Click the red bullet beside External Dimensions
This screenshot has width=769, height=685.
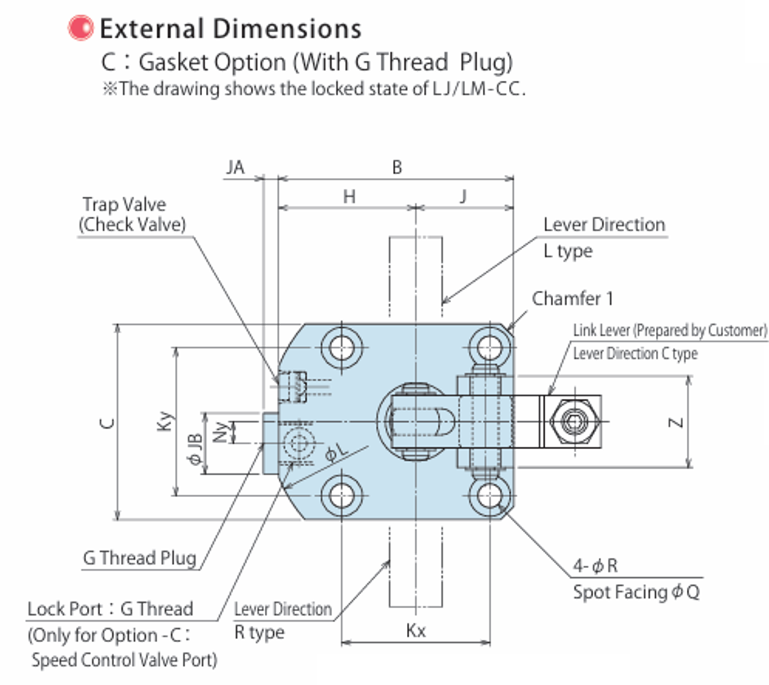80,28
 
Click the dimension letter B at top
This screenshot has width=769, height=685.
397,168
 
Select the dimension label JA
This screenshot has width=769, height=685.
235,168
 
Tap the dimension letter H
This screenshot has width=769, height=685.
349,197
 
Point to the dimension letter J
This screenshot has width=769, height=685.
463,196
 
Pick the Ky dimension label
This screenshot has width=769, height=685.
165,421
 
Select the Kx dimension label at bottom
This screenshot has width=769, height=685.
416,631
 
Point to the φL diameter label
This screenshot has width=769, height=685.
337,453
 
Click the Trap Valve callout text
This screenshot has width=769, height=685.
124,205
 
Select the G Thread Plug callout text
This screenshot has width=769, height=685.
140,558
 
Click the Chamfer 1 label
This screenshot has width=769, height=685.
573,298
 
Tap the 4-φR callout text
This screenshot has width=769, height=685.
595,566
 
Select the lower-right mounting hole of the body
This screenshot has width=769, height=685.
489,496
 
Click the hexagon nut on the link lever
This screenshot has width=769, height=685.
574,422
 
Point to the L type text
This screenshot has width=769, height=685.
568,251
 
